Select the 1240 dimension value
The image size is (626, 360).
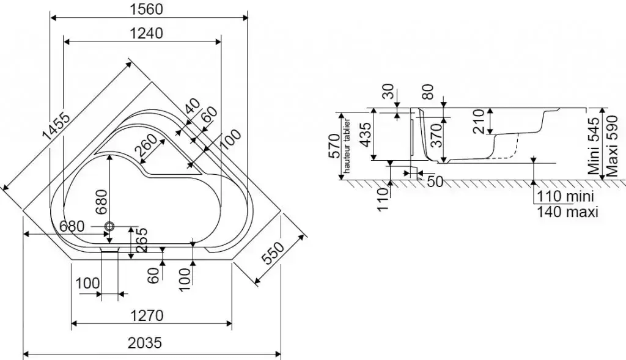click(x=146, y=34)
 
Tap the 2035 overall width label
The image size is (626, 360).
click(x=145, y=343)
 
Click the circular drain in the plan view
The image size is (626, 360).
click(x=110, y=226)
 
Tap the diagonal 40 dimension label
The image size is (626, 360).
click(x=192, y=109)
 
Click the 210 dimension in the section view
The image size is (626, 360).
click(x=477, y=122)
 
